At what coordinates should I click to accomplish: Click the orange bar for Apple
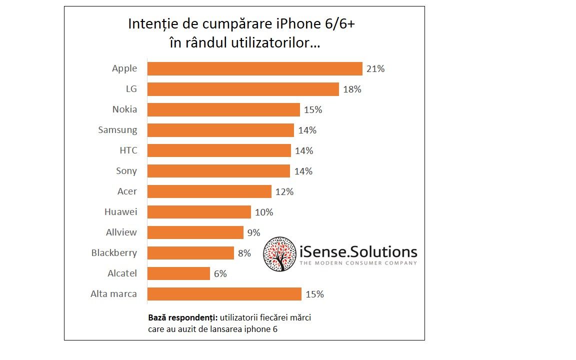tap(255, 69)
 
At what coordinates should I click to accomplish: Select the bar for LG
tap(243, 89)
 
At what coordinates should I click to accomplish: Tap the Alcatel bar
tap(179, 273)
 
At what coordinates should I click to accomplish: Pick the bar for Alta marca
tap(224, 294)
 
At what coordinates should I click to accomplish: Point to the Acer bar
tap(210, 191)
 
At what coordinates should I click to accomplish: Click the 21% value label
tap(375, 69)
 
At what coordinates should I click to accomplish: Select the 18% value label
tap(352, 89)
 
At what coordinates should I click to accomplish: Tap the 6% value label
tap(220, 273)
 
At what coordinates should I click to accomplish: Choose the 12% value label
tap(284, 191)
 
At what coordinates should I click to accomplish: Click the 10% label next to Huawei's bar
tap(264, 212)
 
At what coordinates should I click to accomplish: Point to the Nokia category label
tap(124, 109)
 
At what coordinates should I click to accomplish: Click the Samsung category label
tap(117, 130)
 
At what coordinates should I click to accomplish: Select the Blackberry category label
tap(114, 253)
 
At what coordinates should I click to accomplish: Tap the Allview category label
tap(121, 232)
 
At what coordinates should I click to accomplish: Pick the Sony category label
tap(126, 171)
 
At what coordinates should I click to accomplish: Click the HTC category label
tap(128, 150)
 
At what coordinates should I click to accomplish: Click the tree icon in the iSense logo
tap(279, 254)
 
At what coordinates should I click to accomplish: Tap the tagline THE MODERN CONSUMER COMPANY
tap(358, 263)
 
